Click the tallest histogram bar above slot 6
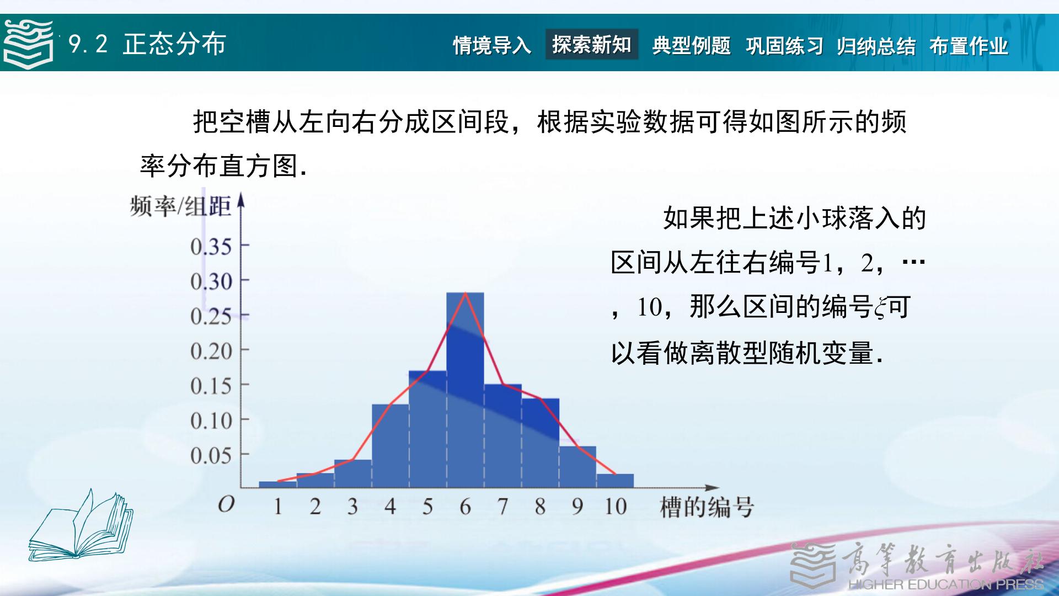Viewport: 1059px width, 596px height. tap(465, 390)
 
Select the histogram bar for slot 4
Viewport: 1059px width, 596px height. tap(390, 446)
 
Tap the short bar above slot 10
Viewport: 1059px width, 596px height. tap(615, 481)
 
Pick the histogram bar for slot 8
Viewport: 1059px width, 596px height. tap(540, 443)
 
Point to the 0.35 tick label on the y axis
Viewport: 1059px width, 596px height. tap(211, 247)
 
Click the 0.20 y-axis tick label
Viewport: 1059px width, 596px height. tap(211, 352)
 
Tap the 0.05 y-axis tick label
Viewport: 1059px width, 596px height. tap(211, 456)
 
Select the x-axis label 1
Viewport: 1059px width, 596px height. tap(277, 506)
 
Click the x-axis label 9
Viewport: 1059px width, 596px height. tap(577, 506)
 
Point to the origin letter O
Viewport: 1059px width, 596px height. tap(226, 504)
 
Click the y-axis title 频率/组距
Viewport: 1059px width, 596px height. tap(180, 206)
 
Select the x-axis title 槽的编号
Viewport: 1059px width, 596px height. tap(707, 507)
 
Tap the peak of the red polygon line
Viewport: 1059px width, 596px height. tap(466, 292)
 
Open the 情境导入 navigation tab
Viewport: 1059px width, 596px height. tap(492, 45)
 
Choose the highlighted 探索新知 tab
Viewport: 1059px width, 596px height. tap(592, 44)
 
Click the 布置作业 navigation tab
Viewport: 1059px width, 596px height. tap(969, 46)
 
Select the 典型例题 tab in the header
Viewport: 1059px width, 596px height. tap(691, 45)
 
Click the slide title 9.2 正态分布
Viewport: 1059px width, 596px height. tap(147, 44)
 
